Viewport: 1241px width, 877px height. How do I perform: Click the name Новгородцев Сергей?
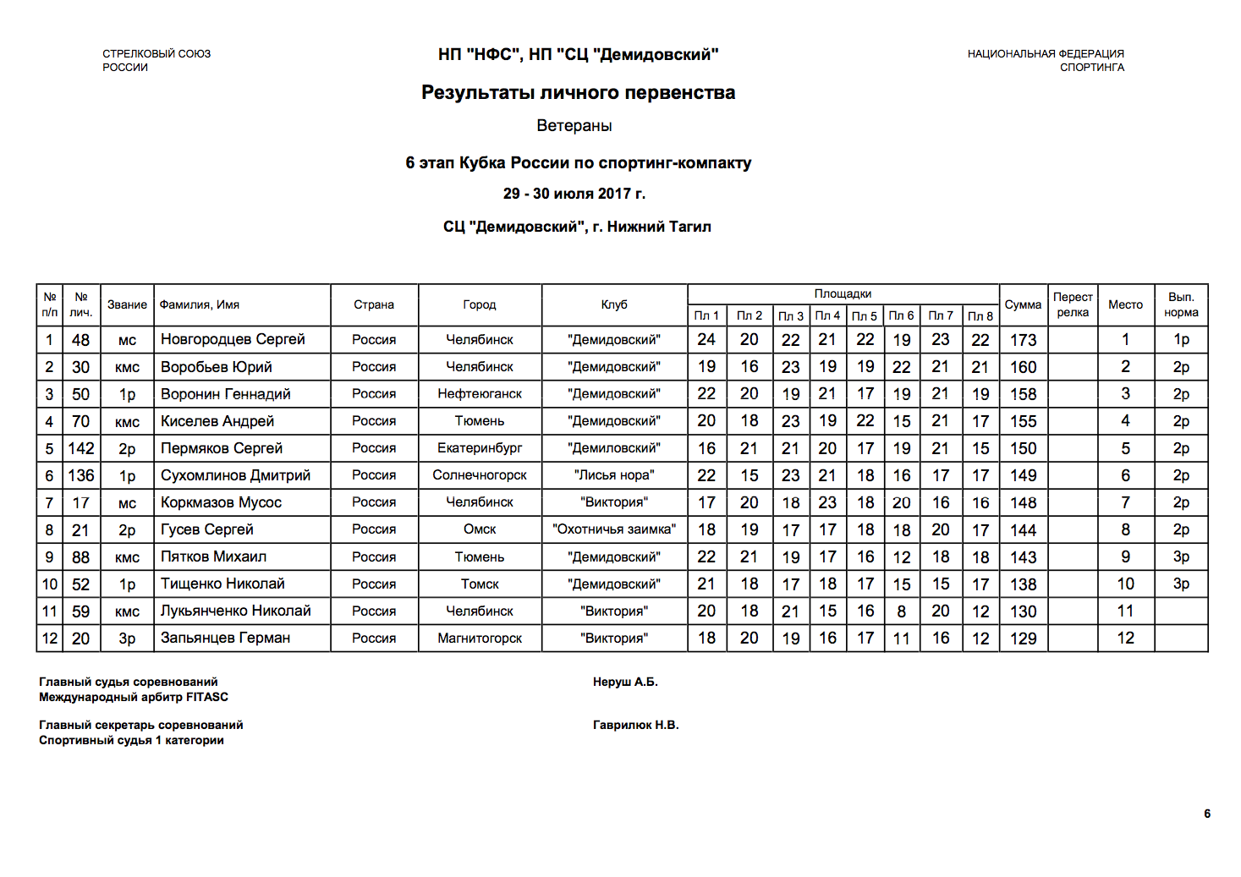[x=233, y=339]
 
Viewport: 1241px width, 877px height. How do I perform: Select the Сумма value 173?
[x=1023, y=340]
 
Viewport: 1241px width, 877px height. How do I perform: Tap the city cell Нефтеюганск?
[x=480, y=394]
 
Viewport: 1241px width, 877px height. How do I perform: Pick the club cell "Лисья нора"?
[x=614, y=475]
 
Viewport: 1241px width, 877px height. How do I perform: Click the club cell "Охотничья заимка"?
[x=614, y=529]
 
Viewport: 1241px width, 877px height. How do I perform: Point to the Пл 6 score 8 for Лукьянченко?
[x=901, y=611]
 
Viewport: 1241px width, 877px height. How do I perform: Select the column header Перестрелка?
[x=1073, y=304]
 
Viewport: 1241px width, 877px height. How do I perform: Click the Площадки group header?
[x=843, y=293]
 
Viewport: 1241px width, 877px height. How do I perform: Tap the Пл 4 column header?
[x=827, y=315]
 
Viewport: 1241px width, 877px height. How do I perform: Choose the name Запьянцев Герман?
[x=225, y=638]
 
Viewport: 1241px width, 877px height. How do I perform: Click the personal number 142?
[x=81, y=448]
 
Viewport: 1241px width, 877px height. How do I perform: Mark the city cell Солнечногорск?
[x=480, y=475]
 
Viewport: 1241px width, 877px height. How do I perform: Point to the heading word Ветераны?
[x=574, y=126]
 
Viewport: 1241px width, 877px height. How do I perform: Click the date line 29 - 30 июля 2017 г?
[x=574, y=194]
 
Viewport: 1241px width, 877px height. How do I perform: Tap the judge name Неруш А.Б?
[x=625, y=682]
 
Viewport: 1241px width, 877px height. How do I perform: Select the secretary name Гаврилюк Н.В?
[x=635, y=725]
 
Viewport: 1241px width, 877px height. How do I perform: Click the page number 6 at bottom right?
[x=1207, y=814]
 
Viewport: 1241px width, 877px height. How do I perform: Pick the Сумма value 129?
[x=1023, y=639]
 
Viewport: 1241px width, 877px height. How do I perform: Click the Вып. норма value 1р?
[x=1181, y=339]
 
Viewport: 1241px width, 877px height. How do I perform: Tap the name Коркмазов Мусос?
[x=221, y=502]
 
